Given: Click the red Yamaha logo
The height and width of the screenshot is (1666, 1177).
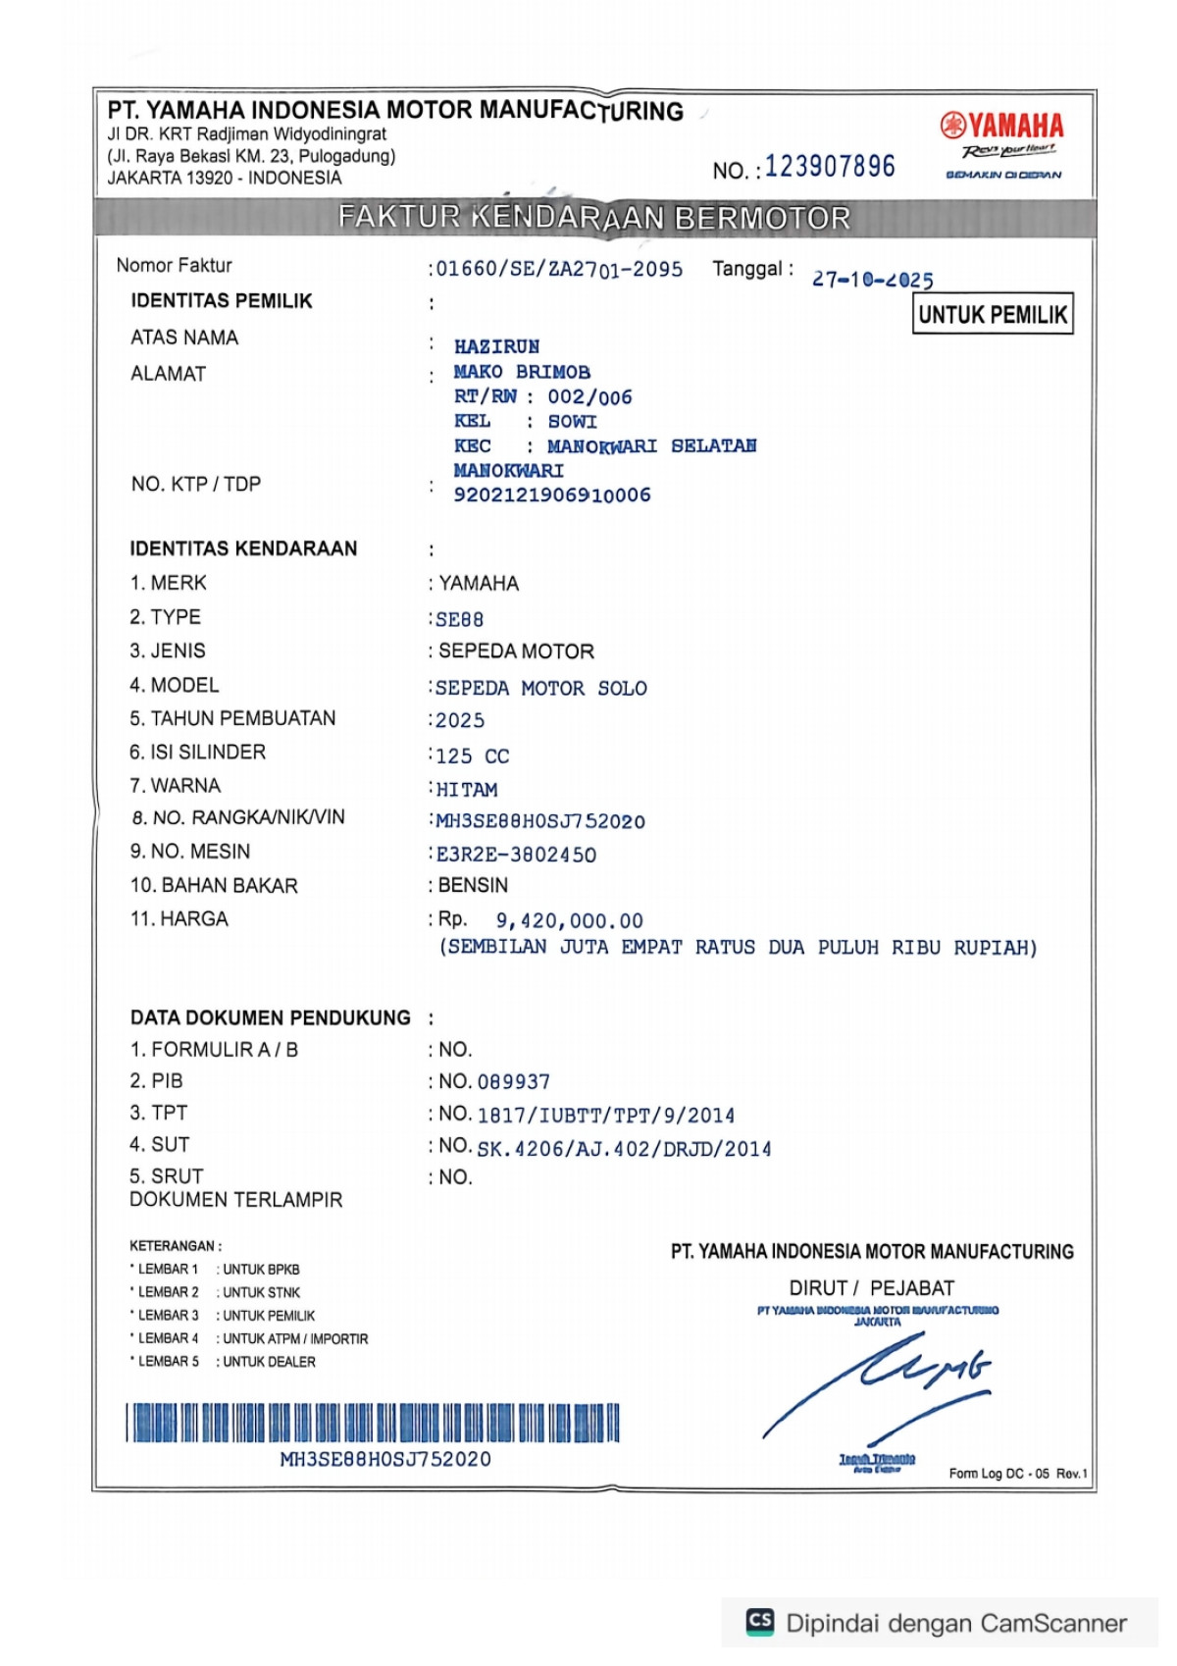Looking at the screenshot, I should [x=1001, y=126].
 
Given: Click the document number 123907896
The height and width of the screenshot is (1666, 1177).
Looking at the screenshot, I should [x=830, y=167].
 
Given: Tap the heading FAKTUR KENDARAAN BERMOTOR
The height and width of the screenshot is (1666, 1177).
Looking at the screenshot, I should [x=594, y=218].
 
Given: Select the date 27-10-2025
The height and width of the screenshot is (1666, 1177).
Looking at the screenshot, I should [x=872, y=280].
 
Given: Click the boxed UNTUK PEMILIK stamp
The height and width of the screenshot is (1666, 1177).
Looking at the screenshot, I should [x=993, y=314].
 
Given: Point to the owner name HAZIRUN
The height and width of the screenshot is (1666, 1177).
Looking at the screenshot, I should [x=496, y=346].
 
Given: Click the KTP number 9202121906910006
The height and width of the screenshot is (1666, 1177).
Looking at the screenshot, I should [x=551, y=495].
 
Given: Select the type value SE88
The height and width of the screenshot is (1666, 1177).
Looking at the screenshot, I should [x=459, y=620].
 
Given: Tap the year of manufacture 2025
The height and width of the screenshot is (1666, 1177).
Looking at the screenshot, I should [x=459, y=721].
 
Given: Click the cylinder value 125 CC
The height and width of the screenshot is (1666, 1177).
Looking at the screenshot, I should [x=472, y=756].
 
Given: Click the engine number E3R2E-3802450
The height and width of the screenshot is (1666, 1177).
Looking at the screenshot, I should [x=516, y=855].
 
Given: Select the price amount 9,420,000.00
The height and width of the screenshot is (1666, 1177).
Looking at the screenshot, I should [x=569, y=921].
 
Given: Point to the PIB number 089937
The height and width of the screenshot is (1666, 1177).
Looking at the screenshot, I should [x=513, y=1082].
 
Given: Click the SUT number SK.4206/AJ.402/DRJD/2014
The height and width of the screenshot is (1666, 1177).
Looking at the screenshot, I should [x=624, y=1149].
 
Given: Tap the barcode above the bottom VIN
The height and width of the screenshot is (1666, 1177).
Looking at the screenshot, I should [x=373, y=1423].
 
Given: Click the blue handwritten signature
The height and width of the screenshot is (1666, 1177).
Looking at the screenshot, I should [x=878, y=1383].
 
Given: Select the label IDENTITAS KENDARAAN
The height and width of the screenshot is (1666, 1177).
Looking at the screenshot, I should [x=243, y=548].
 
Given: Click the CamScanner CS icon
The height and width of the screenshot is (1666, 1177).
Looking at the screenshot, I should [x=760, y=1622].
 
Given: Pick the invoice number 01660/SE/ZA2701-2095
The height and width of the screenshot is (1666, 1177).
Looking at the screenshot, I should [x=559, y=269].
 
